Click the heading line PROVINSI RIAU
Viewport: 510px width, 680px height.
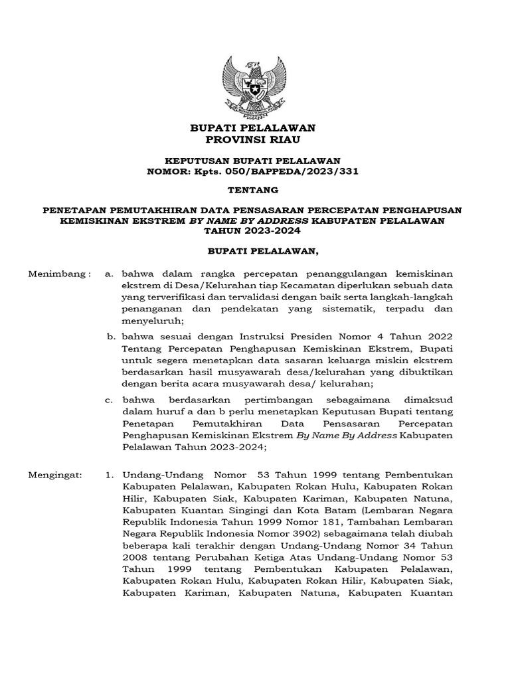tap(254, 139)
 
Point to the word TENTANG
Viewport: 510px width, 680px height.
tap(254, 190)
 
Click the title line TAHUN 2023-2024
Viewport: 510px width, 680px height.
tap(254, 231)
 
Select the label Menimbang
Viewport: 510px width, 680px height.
tap(58, 274)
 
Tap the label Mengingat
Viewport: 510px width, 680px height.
tap(56, 475)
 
